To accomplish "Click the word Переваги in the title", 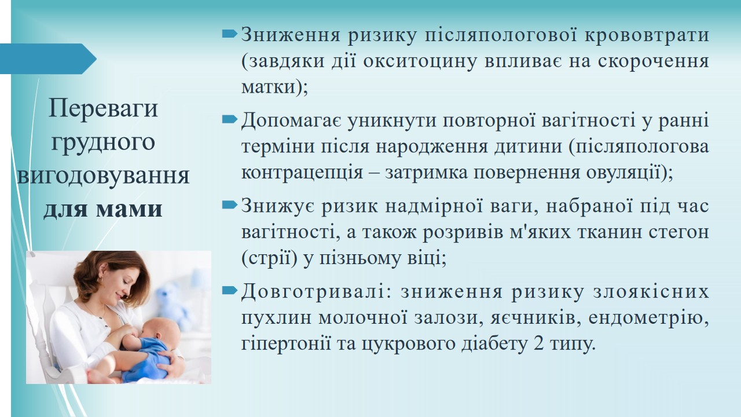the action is click(x=103, y=108).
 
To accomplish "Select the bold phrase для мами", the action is click(x=103, y=209).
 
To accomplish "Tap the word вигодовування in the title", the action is click(x=103, y=175).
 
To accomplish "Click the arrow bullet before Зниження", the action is click(x=230, y=34).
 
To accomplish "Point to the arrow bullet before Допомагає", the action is click(x=230, y=119).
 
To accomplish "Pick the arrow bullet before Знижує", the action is click(x=230, y=205).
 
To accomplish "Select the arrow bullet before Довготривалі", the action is click(x=230, y=291).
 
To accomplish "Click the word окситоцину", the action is click(x=420, y=61).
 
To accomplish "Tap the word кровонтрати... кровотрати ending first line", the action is click(x=647, y=35).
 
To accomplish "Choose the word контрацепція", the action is click(x=302, y=173).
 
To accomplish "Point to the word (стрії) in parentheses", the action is click(x=270, y=259).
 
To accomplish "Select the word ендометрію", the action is click(x=649, y=318).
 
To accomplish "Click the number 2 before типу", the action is click(x=538, y=344).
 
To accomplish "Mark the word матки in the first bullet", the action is click(x=268, y=87).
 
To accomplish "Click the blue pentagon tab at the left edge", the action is click(x=48, y=59).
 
